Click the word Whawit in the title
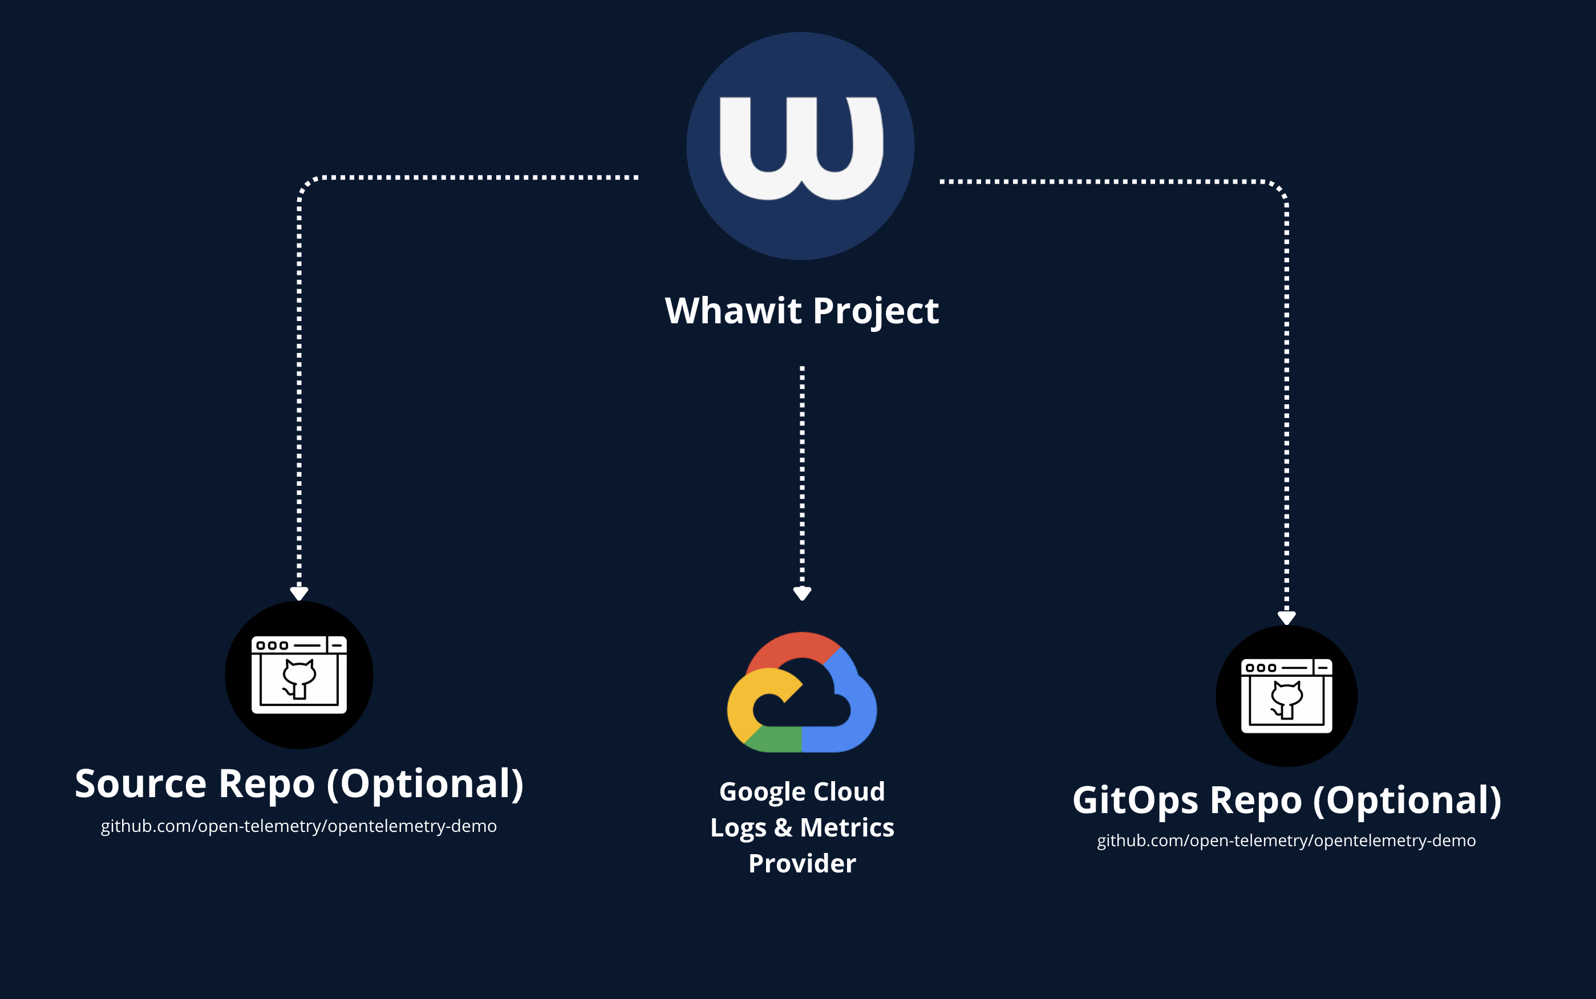coord(733,311)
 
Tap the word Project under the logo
coord(875,312)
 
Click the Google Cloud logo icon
coord(801,694)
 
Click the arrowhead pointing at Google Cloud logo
coord(801,594)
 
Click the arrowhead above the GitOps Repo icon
coord(1286,617)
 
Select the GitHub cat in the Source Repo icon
coord(299,677)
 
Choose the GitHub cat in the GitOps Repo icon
coord(1286,699)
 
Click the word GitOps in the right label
coord(1135,801)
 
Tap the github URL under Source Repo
coord(299,826)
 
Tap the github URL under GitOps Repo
coord(1286,840)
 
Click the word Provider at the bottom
coord(801,863)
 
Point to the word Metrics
coord(846,827)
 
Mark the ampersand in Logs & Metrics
coord(783,827)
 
